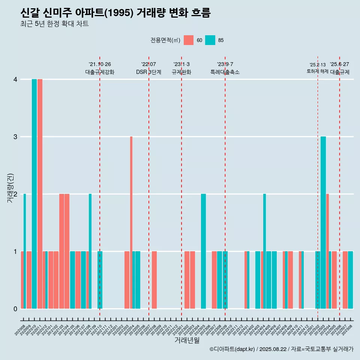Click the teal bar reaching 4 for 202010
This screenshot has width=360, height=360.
pos(34,194)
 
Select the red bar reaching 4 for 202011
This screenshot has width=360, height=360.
pos(40,194)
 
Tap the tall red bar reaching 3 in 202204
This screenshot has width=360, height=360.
pos(131,222)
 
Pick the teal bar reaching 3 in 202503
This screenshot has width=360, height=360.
pos(323,222)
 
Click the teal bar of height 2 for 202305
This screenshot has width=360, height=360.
pos(203,251)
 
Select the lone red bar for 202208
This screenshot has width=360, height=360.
pos(154,280)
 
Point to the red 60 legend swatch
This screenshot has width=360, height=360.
pos(189,40)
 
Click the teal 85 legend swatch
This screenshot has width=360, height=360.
pos(210,40)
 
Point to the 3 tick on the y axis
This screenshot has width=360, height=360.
pos(15,137)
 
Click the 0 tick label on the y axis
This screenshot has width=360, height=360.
pos(15,309)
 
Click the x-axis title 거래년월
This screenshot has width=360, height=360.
pos(187,340)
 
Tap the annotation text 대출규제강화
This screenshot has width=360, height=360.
pos(100,72)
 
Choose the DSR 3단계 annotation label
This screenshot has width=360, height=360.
pos(148,72)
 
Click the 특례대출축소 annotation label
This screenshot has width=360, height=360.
pos(225,72)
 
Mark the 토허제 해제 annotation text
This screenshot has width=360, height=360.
pos(317,71)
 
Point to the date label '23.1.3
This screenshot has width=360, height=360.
pos(181,64)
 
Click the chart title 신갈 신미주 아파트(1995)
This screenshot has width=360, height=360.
pos(115,13)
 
